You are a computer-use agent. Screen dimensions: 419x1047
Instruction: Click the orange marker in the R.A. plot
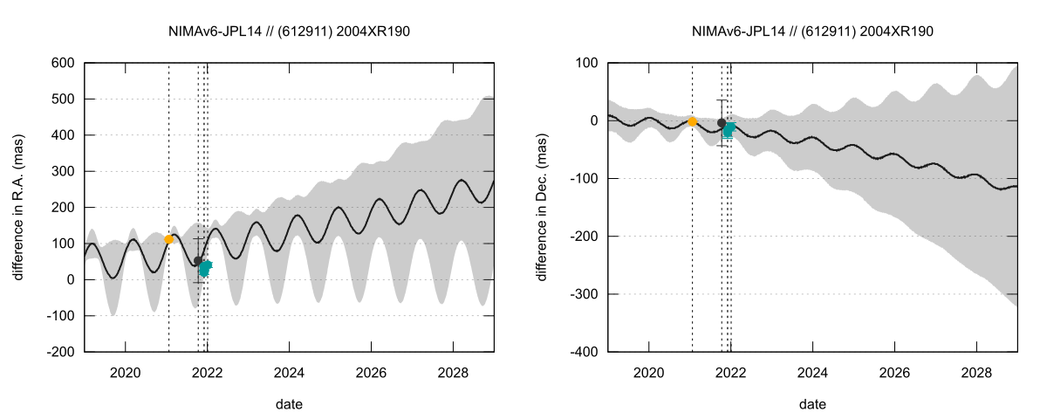[x=169, y=239]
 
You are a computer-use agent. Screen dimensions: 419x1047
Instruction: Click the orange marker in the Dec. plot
[x=693, y=122]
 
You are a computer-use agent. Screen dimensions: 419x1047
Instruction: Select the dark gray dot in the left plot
[x=198, y=260]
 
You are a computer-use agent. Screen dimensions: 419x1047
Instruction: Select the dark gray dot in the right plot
[x=721, y=123]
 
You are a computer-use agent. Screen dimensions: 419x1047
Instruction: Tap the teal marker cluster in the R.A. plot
[x=205, y=267]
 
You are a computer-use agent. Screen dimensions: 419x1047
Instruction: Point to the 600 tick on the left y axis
[x=63, y=63]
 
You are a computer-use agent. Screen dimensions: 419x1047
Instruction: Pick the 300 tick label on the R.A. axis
[x=63, y=171]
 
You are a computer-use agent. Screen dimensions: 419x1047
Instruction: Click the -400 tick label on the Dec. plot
[x=583, y=352]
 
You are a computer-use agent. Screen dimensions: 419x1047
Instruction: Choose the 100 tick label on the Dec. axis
[x=586, y=63]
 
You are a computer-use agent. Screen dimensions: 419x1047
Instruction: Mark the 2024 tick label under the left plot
[x=289, y=371]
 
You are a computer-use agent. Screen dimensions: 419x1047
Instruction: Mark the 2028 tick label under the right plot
[x=976, y=371]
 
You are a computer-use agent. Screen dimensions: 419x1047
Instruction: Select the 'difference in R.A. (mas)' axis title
[x=18, y=207]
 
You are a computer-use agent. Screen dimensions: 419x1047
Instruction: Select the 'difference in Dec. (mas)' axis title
[x=542, y=207]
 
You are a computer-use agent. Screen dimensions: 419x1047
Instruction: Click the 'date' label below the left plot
[x=289, y=404]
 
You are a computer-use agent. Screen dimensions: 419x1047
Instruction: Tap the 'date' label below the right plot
[x=812, y=404]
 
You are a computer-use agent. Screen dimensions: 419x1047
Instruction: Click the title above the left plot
[x=289, y=31]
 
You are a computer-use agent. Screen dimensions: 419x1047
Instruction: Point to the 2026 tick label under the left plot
[x=371, y=371]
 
